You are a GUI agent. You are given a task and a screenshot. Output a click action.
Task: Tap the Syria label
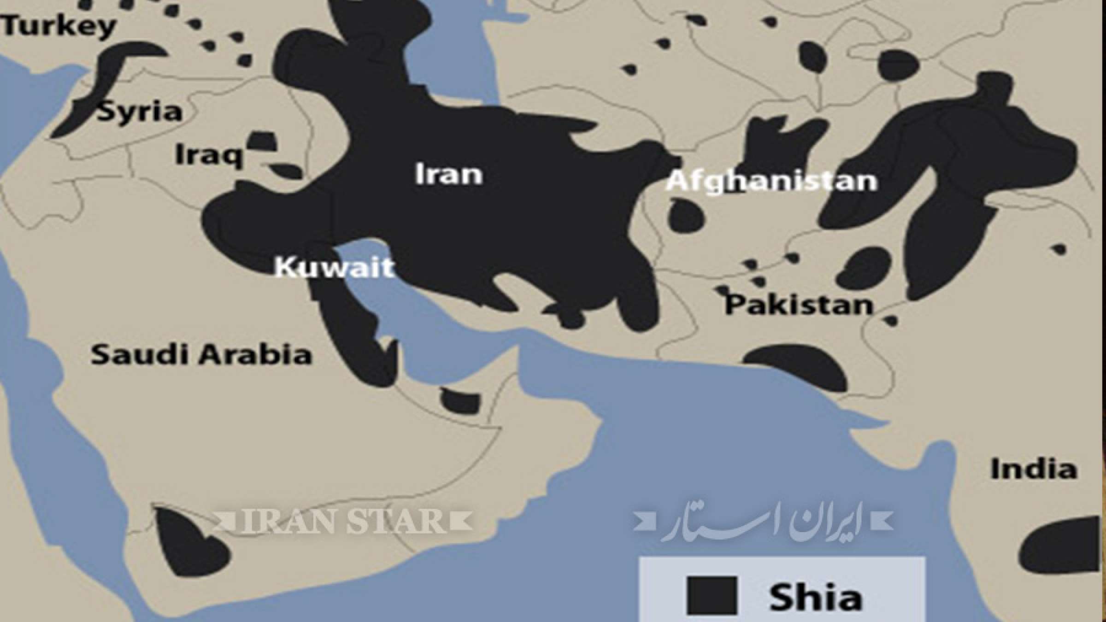139,112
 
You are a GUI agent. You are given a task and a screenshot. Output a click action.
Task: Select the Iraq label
209,155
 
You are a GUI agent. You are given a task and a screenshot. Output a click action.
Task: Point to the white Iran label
449,175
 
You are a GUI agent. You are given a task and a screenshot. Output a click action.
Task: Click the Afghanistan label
771,181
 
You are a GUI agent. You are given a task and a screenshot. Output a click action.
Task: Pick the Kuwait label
335,267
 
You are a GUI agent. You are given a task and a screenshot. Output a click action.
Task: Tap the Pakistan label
799,305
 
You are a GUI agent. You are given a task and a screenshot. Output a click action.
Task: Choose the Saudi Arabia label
201,355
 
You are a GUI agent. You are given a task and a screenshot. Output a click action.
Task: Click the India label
1034,469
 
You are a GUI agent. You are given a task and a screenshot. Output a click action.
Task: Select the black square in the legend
712,595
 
